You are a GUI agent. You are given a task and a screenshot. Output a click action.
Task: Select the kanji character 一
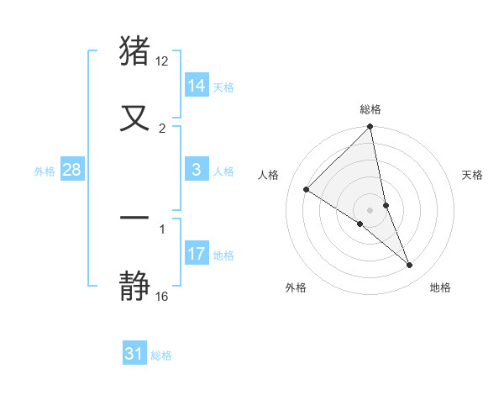(x=135, y=218)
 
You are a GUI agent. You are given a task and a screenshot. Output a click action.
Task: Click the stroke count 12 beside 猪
(x=162, y=61)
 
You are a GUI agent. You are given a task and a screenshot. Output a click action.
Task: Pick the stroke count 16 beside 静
(x=162, y=296)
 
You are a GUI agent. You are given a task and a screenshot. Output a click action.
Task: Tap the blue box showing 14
(x=197, y=86)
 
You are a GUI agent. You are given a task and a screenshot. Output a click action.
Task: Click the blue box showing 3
(x=197, y=170)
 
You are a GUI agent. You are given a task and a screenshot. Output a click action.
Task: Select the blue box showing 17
(x=197, y=254)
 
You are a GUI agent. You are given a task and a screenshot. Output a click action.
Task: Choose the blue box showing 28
(x=72, y=170)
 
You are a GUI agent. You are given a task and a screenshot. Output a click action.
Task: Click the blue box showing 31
(x=134, y=355)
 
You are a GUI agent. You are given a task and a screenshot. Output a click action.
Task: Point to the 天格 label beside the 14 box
(x=223, y=87)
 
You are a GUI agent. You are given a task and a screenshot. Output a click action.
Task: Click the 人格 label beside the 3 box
(x=223, y=171)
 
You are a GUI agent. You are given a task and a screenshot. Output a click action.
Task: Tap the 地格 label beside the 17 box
(x=223, y=255)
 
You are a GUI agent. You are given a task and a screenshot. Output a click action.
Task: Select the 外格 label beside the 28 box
(x=45, y=171)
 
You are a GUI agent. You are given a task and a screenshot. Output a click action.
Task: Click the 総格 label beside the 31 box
(x=161, y=356)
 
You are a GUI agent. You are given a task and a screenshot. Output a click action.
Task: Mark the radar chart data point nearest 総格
(x=370, y=128)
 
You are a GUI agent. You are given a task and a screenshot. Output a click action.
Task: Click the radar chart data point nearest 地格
(x=410, y=266)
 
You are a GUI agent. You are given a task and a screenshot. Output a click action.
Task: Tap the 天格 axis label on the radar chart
(x=473, y=175)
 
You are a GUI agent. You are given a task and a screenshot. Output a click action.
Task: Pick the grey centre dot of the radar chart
(x=370, y=210)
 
